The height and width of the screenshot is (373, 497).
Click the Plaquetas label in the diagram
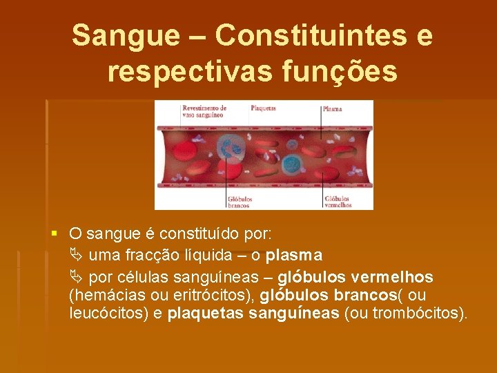point(263,108)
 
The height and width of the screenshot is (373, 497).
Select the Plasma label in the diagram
point(333,109)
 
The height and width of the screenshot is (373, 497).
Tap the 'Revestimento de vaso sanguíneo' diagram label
point(204,111)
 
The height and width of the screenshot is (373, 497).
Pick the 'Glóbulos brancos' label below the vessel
point(240,202)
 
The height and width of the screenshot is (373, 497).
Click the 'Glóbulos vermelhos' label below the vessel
point(338,202)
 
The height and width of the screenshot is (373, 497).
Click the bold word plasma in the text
point(294,256)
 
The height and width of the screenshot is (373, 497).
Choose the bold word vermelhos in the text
point(392,278)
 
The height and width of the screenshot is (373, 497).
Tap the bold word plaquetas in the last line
point(204,314)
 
